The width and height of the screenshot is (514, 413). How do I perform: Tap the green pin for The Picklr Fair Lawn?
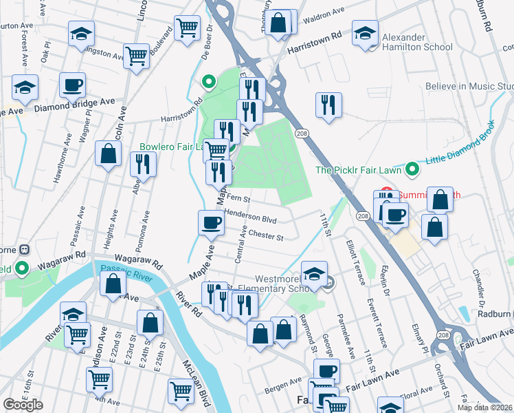[412, 169]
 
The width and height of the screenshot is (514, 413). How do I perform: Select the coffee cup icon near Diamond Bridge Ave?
[72, 86]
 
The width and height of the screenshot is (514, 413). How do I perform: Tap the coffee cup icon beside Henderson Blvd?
[211, 223]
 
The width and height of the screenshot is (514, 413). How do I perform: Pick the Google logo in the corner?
[23, 405]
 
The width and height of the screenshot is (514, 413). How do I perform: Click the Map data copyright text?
[485, 407]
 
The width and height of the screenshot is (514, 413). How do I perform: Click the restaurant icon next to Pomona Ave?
[143, 165]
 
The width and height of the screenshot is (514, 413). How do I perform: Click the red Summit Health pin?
[386, 192]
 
